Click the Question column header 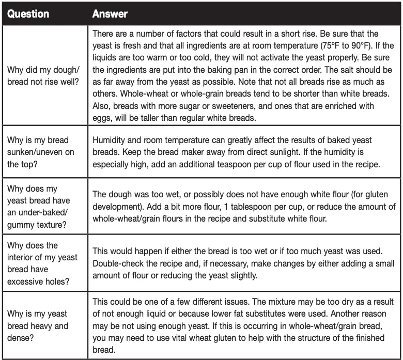(x=28, y=14)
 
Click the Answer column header (x=110, y=14)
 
